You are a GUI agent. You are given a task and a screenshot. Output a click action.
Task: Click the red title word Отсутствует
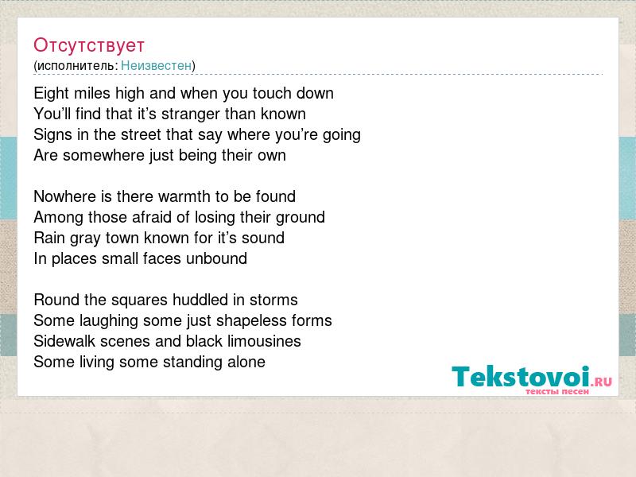(x=89, y=45)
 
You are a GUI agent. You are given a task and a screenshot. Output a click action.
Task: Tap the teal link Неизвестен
(x=156, y=65)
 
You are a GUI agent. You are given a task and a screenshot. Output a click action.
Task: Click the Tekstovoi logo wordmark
(x=531, y=377)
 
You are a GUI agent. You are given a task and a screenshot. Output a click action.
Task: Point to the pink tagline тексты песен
(x=557, y=391)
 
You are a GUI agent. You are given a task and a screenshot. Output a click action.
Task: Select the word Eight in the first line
(x=52, y=94)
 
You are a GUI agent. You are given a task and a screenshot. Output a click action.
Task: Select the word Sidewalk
(x=64, y=341)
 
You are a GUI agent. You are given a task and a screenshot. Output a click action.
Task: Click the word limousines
(x=264, y=341)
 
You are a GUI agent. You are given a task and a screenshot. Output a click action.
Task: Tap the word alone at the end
(x=246, y=362)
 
